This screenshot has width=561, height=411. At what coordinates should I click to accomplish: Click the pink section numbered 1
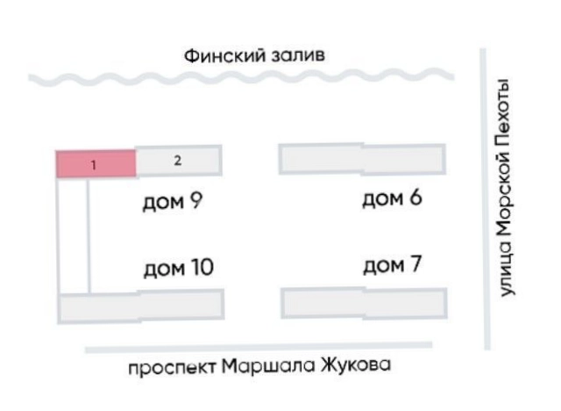(96, 164)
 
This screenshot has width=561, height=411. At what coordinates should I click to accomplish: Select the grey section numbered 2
(179, 160)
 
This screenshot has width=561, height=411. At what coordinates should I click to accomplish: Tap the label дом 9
(173, 201)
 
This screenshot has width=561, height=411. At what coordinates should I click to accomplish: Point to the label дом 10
(179, 268)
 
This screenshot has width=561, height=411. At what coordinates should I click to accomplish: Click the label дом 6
(392, 198)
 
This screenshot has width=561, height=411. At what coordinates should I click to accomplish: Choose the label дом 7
(392, 264)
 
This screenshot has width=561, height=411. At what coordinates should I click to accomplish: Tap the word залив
(298, 56)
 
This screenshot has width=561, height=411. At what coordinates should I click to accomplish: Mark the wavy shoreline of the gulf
(241, 77)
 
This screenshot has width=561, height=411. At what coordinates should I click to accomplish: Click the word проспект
(172, 368)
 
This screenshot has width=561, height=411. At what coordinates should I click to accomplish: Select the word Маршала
(268, 366)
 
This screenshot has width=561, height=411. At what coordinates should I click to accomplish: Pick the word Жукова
(355, 364)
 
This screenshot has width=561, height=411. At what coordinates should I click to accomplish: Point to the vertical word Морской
(505, 187)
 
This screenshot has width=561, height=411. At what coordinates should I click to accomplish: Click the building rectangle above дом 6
(362, 159)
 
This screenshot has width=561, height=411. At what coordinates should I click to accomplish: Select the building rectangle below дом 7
(365, 303)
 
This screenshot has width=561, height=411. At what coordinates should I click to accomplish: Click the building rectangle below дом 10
(141, 306)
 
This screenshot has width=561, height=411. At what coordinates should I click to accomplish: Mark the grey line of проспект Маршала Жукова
(259, 347)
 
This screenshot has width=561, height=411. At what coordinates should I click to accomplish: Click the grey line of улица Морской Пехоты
(485, 198)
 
